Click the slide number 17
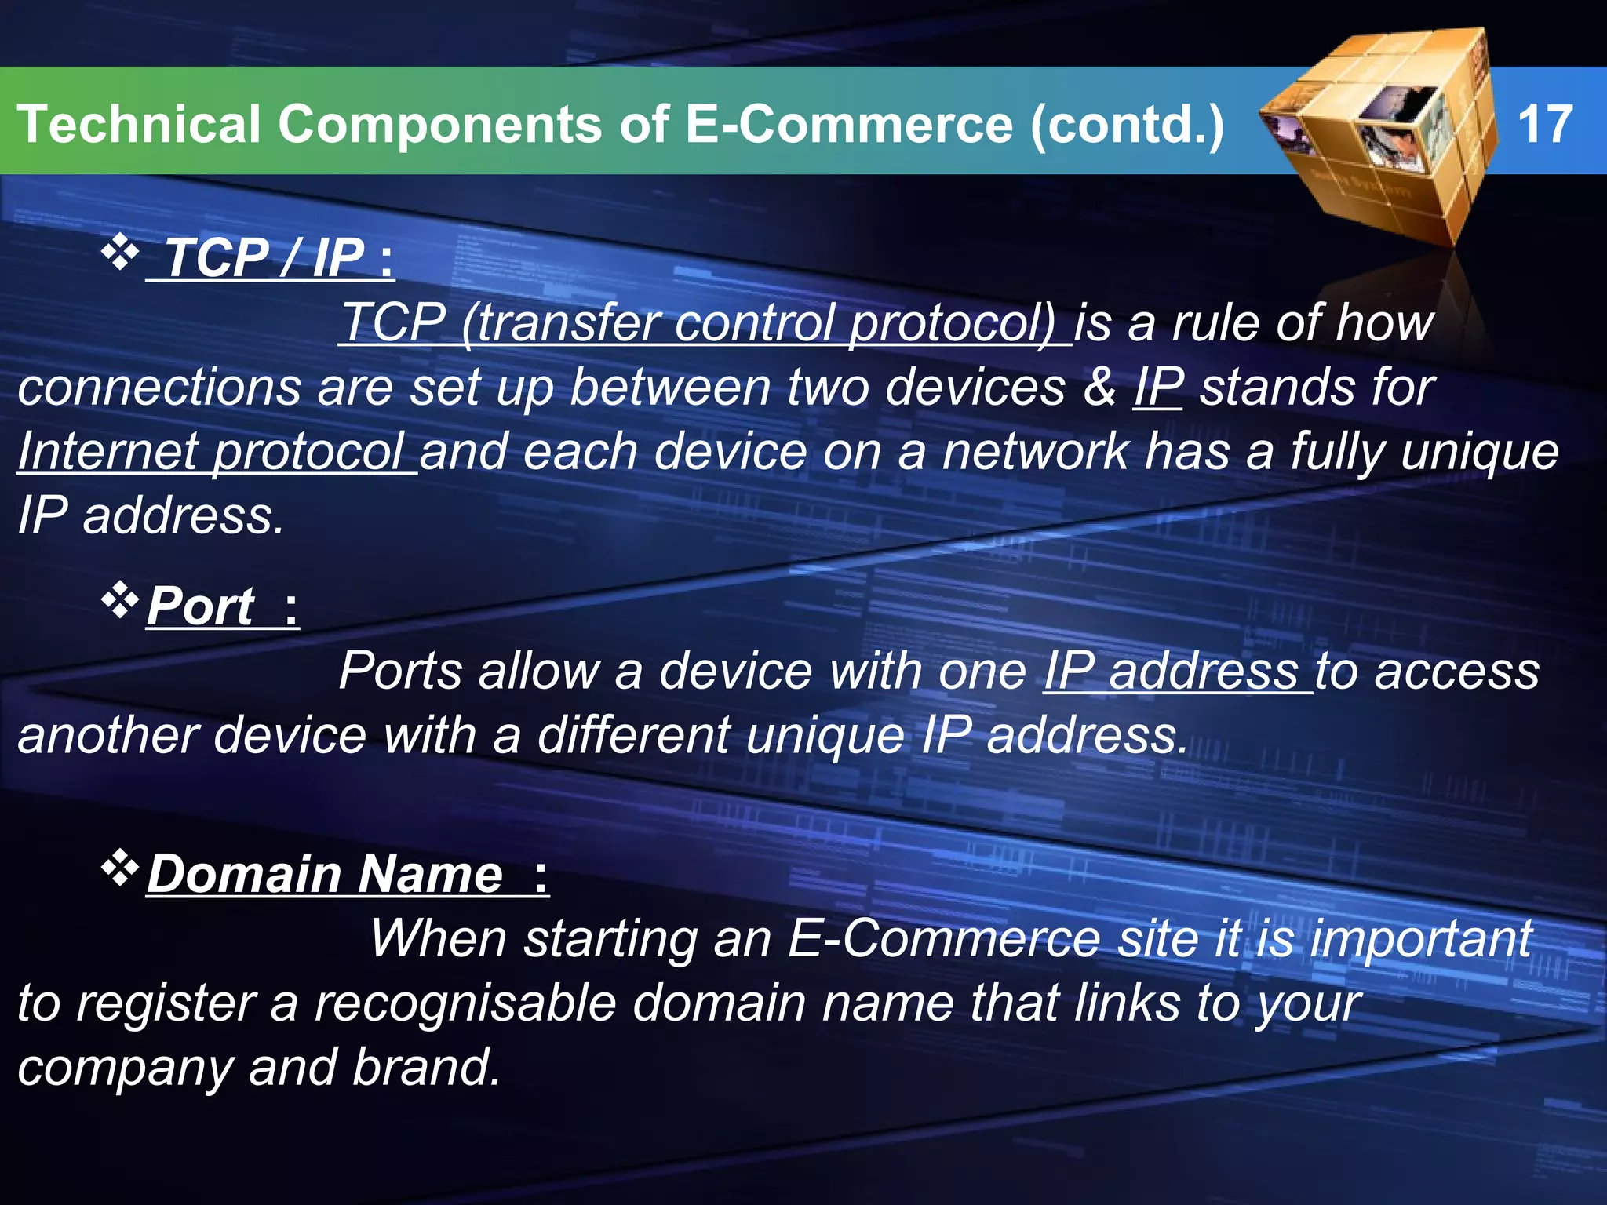1544,124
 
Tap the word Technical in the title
138,124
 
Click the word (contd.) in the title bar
1127,124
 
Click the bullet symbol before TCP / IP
119,253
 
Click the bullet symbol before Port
119,601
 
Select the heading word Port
201,606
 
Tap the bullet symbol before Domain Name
119,868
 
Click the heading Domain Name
326,874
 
